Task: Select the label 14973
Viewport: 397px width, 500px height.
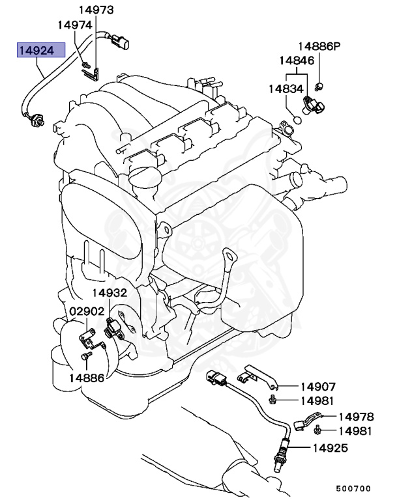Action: [96, 10]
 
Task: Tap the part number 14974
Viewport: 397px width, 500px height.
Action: [76, 25]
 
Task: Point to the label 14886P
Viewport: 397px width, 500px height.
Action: [319, 46]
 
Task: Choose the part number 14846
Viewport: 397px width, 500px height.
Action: [297, 61]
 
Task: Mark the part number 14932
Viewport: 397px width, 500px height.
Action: [109, 294]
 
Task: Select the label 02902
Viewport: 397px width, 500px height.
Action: [87, 311]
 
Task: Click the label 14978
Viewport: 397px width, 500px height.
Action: [356, 417]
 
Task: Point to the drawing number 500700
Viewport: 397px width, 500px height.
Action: [353, 488]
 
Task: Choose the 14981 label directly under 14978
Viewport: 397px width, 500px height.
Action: [356, 430]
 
